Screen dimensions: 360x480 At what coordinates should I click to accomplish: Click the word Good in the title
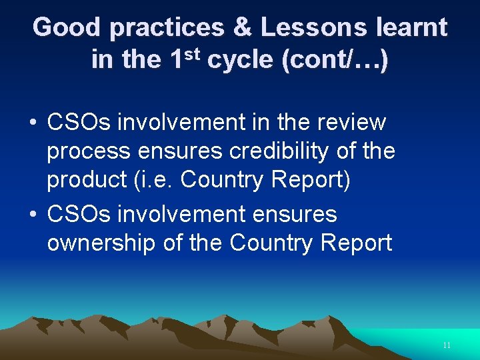point(67,28)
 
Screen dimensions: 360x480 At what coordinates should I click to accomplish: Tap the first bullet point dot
point(32,123)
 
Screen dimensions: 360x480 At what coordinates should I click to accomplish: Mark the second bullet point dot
point(32,215)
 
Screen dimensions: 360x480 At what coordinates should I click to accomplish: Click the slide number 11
point(446,345)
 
